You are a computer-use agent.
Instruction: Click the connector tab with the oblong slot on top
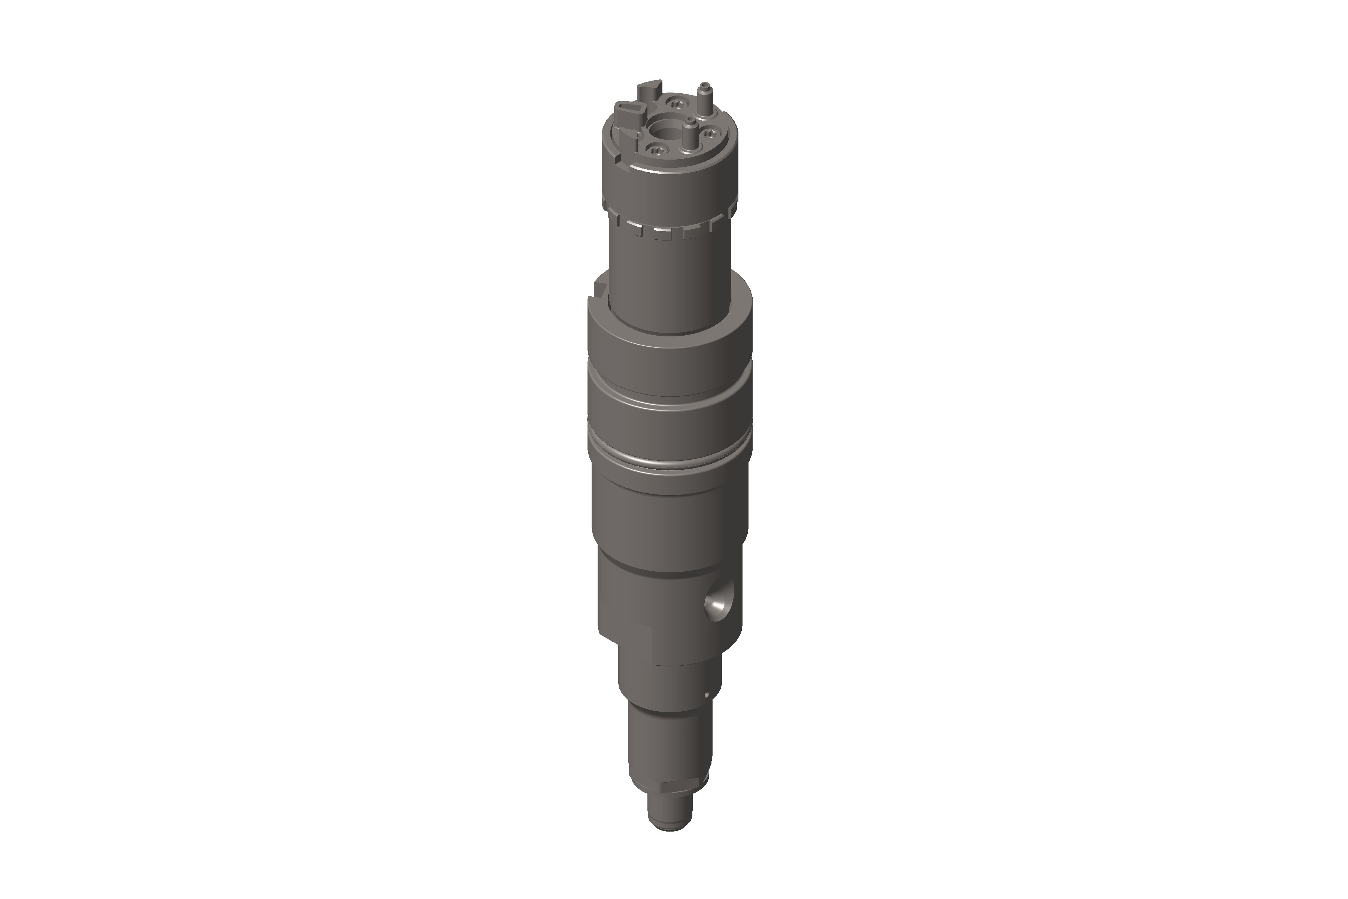click(x=628, y=109)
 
